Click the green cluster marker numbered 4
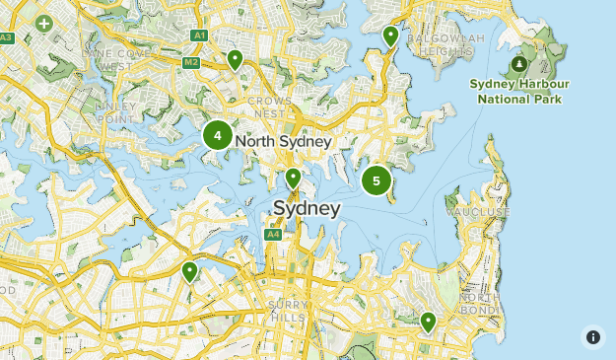click(x=218, y=135)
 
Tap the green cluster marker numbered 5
click(x=376, y=180)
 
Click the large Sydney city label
click(x=307, y=209)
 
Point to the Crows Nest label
click(x=269, y=108)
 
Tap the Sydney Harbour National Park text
click(x=519, y=92)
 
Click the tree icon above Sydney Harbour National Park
click(x=518, y=65)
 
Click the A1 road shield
click(x=200, y=36)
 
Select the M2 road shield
click(x=191, y=63)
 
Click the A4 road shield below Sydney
click(x=273, y=235)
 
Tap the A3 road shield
click(x=7, y=37)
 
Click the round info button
click(x=592, y=337)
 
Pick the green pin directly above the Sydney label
click(x=293, y=178)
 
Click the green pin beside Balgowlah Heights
click(x=390, y=36)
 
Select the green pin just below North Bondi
click(x=428, y=322)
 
